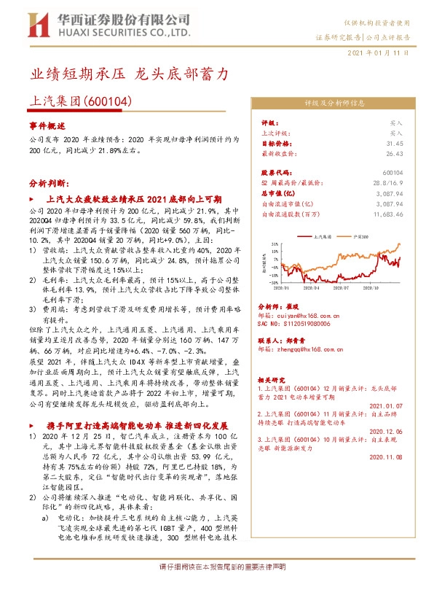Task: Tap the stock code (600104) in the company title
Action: [110, 102]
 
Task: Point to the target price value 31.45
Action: [394, 144]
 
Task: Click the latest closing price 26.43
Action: [394, 154]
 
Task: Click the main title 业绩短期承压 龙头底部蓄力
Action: [130, 74]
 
